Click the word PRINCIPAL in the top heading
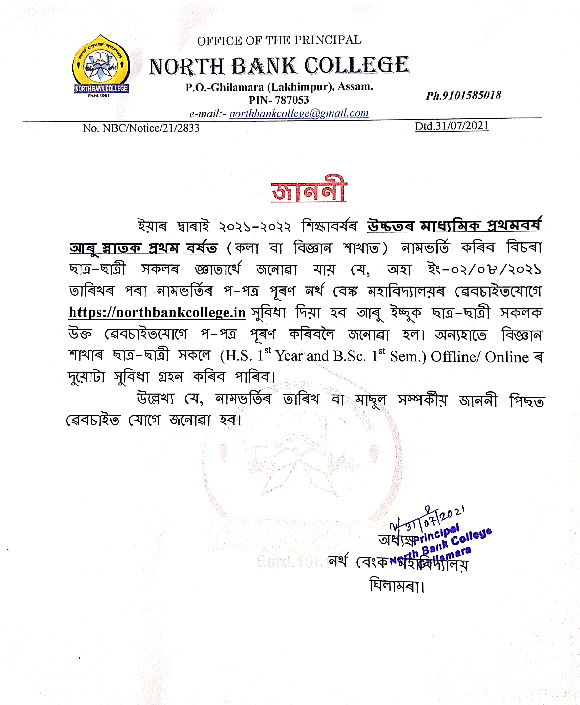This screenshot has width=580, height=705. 328,40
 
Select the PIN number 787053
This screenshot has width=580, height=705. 292,100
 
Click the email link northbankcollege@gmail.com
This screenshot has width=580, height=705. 299,113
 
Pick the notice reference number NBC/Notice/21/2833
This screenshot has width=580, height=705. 151,128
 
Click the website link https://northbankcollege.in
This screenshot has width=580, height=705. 157,312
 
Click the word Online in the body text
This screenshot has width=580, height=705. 507,357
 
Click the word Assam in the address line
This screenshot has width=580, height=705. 355,86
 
